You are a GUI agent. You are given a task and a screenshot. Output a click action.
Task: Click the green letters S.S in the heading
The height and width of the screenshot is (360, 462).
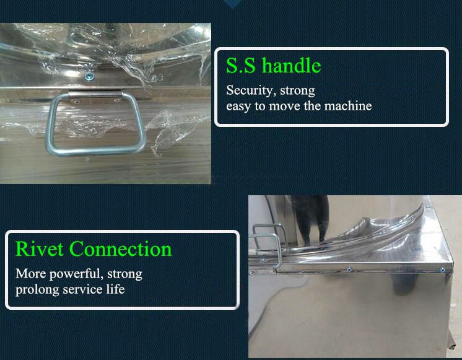coord(241,65)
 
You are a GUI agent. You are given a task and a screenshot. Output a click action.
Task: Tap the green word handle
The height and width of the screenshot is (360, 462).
coord(292,65)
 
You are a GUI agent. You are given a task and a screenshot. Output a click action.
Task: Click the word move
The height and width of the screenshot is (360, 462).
coord(285,106)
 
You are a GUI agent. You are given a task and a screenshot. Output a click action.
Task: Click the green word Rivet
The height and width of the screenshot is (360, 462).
coord(40,249)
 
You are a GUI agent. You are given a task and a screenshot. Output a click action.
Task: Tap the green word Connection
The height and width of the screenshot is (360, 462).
coord(121,249)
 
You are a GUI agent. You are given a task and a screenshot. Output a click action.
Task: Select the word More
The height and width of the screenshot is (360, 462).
coord(30,274)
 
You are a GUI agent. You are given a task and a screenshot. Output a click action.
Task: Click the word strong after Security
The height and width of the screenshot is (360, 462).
coord(297,90)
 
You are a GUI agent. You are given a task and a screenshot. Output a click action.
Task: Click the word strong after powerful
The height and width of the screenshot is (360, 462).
coord(124,274)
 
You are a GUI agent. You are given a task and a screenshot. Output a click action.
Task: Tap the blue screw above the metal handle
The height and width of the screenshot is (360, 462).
coord(89,77)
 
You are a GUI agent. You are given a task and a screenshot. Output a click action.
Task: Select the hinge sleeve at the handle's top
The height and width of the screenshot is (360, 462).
coord(95,94)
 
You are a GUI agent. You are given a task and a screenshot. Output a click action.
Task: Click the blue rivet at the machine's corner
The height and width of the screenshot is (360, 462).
coord(442,270)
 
